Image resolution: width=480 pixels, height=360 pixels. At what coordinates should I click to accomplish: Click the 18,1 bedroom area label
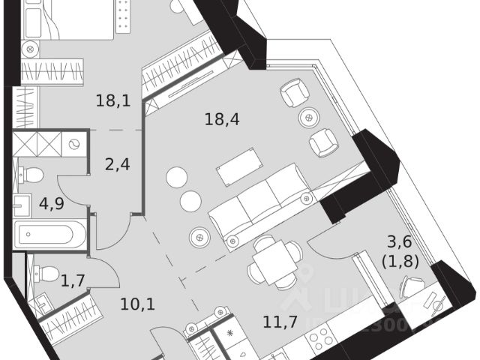[113, 100]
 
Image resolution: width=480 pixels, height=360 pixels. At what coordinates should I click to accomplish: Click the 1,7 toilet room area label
[73, 281]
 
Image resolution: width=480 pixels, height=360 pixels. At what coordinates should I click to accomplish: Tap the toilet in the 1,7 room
[46, 274]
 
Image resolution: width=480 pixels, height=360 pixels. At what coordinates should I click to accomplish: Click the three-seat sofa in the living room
[259, 209]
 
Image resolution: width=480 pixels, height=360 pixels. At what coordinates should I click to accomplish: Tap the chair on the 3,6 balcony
[412, 287]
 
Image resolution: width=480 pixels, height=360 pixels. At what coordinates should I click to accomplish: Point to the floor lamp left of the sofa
[199, 234]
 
